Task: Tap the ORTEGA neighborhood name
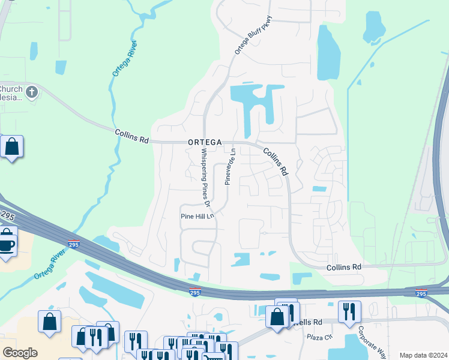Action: click(x=205, y=142)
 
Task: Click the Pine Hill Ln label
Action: click(x=197, y=216)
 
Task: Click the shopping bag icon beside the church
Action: click(x=11, y=146)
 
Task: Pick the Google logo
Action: click(x=20, y=353)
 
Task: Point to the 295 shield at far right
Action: click(x=423, y=293)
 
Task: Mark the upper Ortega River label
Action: click(x=124, y=58)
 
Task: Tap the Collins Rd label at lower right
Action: click(x=344, y=266)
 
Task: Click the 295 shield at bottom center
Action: click(x=195, y=292)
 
